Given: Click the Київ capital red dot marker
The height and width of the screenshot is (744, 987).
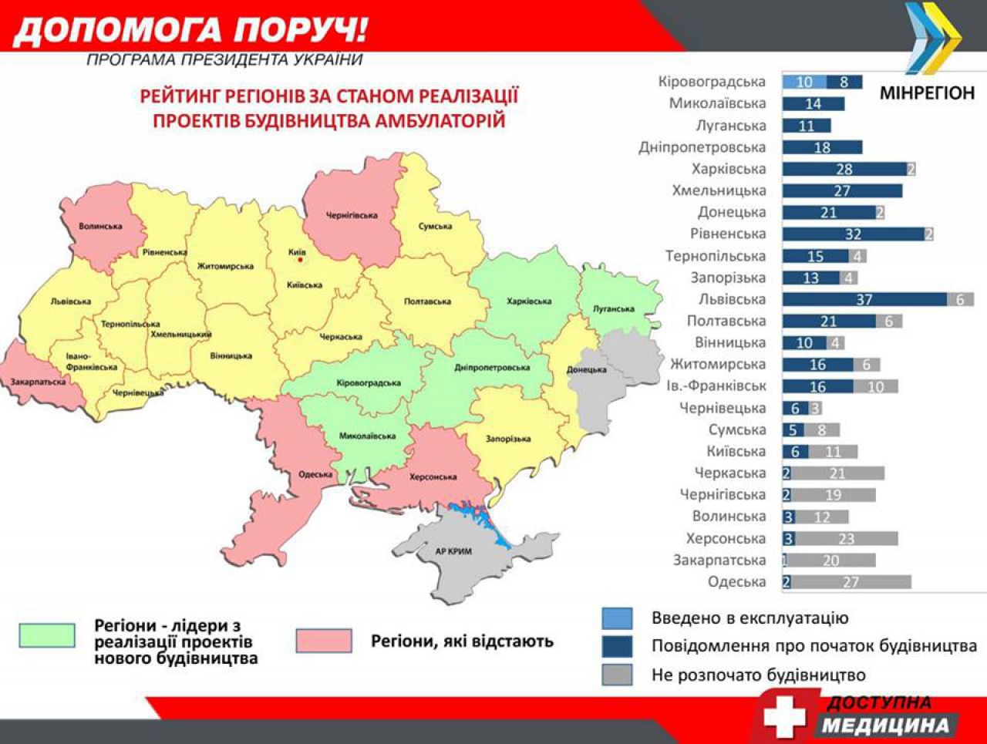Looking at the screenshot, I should (301, 260).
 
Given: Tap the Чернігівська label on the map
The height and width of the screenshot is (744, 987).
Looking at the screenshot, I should (352, 215).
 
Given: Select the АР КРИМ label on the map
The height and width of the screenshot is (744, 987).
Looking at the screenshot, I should (453, 551).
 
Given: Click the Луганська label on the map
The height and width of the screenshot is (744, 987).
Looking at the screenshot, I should (613, 309).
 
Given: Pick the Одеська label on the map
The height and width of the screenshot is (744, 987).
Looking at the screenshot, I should (315, 474).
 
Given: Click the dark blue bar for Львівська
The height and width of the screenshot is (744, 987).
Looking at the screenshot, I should (864, 299).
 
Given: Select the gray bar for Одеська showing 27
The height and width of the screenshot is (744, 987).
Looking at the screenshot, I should (851, 582).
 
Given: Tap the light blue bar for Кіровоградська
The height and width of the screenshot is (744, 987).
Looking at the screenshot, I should (804, 82).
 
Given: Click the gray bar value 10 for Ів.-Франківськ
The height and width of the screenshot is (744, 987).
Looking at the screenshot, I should (875, 386).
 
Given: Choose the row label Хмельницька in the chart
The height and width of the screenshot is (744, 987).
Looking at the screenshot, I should (719, 190).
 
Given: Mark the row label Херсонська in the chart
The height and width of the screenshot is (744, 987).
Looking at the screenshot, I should (726, 538).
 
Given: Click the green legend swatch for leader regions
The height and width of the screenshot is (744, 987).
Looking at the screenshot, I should (47, 635).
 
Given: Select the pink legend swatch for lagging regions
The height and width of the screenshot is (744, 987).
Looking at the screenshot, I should (324, 641).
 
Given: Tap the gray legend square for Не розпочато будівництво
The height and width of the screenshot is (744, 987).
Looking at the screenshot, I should (617, 675).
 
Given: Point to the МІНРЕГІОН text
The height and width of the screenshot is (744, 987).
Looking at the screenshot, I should (927, 93).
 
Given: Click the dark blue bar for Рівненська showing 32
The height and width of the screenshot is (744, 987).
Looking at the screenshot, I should (853, 234).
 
